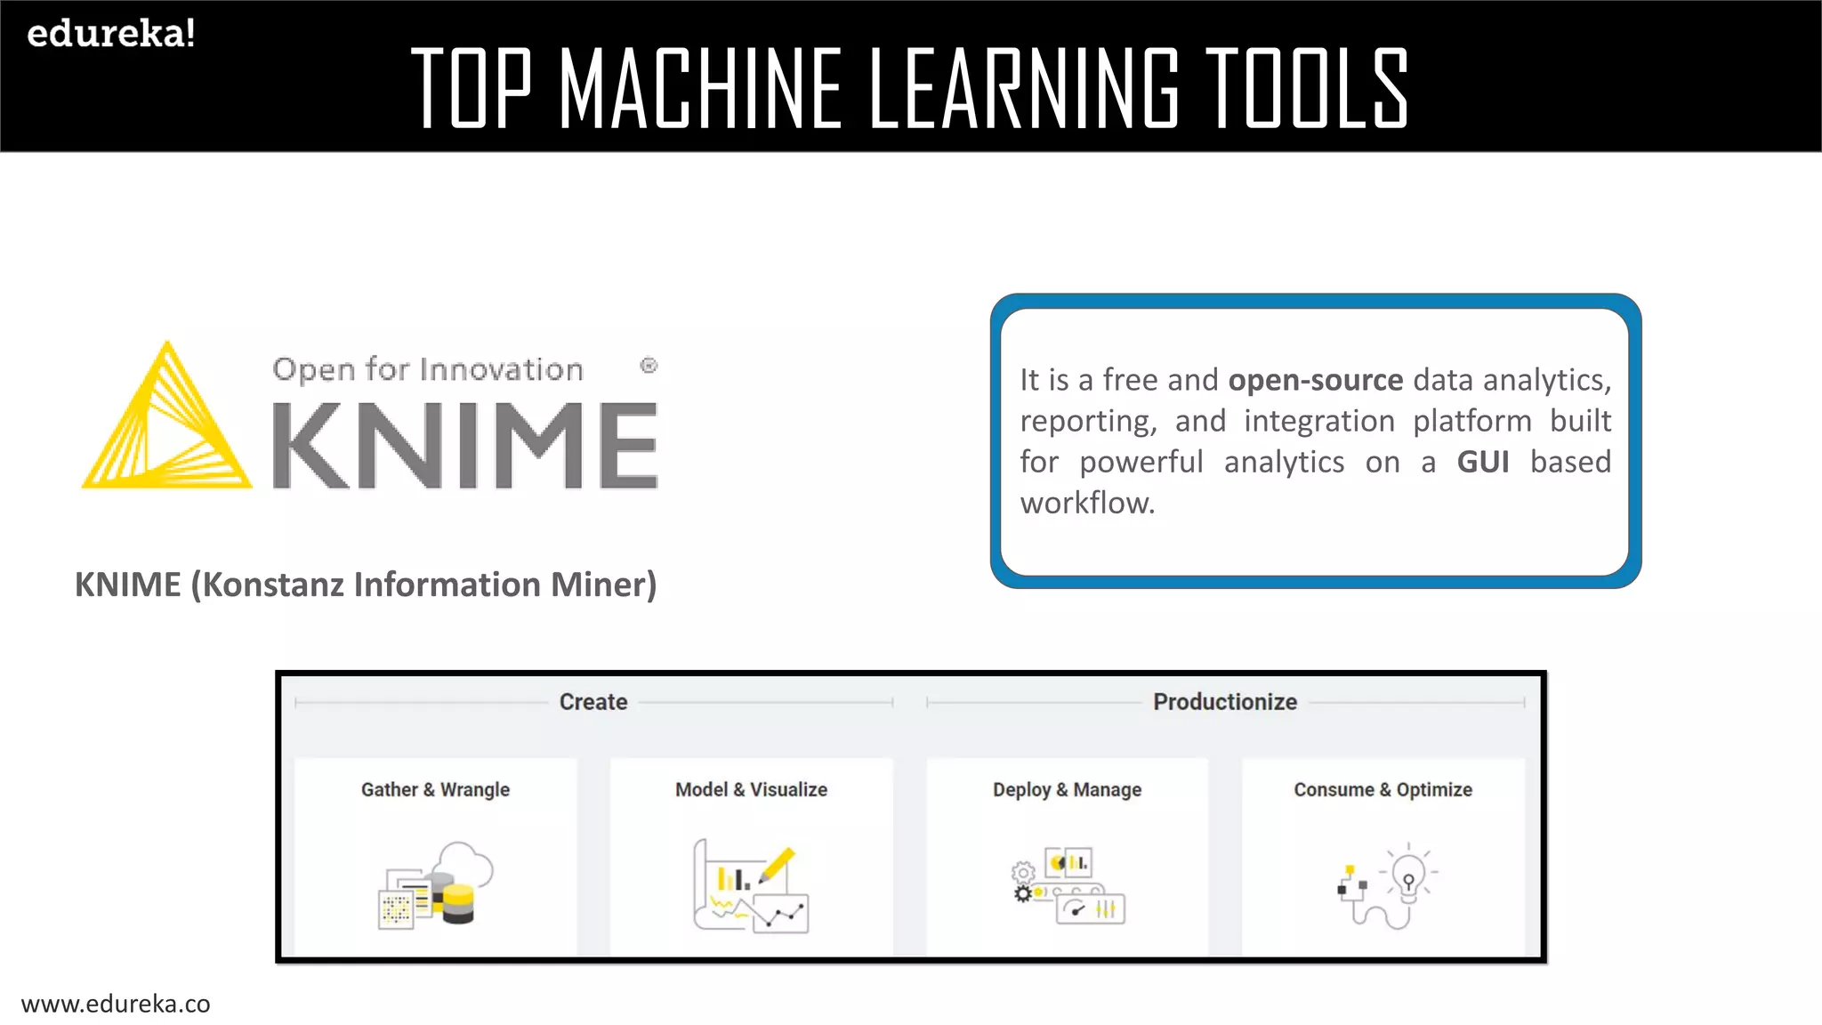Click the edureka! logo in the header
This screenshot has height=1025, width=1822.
tap(111, 34)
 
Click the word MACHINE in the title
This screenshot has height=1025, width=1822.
tap(701, 89)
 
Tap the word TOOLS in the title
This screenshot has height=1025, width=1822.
tap(1306, 89)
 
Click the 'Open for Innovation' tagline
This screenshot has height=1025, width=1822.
tap(428, 369)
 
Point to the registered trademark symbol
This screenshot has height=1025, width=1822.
tap(649, 366)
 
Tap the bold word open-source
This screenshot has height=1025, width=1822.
tap(1315, 380)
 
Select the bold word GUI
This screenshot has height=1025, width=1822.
tap(1482, 462)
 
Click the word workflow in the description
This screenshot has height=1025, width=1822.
tap(1086, 503)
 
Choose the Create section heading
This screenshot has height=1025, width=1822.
tap(593, 702)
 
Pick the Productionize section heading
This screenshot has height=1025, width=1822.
tap(1225, 702)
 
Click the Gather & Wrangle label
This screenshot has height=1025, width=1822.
tap(435, 789)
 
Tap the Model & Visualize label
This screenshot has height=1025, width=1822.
tap(751, 789)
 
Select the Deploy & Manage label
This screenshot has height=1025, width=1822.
tap(1067, 789)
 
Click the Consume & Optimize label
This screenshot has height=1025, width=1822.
tap(1383, 789)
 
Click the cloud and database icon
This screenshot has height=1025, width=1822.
tap(436, 884)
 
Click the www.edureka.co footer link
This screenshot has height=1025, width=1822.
tap(116, 1004)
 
